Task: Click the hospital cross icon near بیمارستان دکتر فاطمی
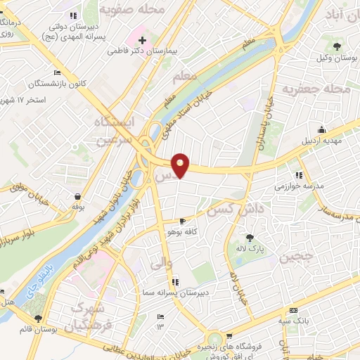[143, 40]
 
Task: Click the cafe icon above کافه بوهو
[182, 221]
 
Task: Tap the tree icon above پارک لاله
[250, 238]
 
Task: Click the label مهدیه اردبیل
[321, 139]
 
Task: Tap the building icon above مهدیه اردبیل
[321, 129]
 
